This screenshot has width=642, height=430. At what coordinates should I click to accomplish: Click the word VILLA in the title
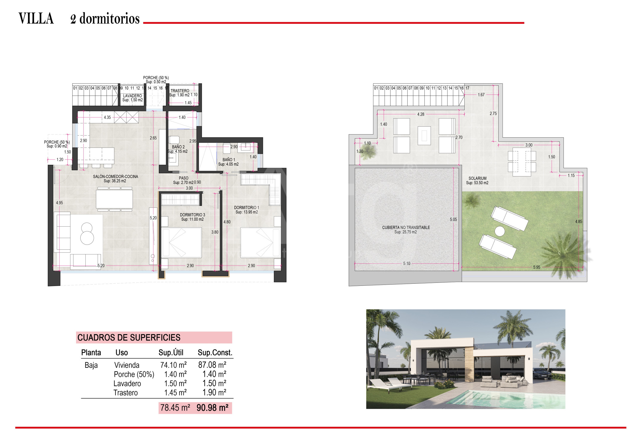click(36, 19)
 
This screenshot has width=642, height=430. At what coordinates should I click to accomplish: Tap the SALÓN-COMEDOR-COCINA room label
click(116, 176)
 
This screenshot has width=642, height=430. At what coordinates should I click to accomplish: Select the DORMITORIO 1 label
click(247, 208)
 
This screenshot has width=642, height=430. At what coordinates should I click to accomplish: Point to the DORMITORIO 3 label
click(193, 215)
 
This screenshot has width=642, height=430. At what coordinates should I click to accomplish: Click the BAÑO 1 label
click(229, 160)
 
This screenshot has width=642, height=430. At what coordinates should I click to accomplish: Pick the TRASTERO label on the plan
click(180, 91)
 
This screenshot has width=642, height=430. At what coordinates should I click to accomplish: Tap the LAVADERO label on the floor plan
click(133, 96)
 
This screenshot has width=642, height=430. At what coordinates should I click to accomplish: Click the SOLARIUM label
click(477, 178)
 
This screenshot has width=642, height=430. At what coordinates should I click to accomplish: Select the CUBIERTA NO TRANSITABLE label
click(406, 228)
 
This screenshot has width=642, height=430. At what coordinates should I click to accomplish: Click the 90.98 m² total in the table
click(212, 408)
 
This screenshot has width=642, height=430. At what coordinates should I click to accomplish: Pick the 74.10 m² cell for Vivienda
click(173, 365)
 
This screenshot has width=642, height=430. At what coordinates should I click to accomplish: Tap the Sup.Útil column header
click(171, 352)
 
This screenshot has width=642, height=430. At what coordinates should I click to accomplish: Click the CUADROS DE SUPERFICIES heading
click(129, 338)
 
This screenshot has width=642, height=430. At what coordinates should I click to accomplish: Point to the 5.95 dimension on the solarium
click(537, 267)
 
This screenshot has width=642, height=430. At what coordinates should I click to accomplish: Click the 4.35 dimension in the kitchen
click(107, 117)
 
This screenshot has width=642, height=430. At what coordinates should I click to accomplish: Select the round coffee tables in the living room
click(87, 234)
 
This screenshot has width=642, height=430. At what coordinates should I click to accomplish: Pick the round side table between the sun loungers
click(500, 231)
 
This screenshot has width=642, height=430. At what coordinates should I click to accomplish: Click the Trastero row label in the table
click(125, 393)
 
